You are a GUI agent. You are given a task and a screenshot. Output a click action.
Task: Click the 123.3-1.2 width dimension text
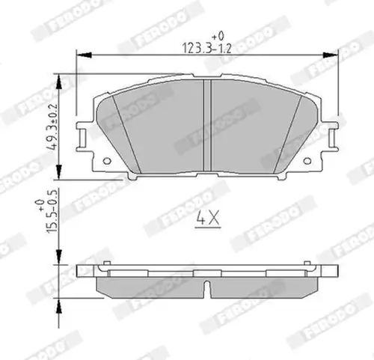coord(207,48)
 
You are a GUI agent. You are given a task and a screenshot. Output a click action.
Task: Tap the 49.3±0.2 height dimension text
coord(52,126)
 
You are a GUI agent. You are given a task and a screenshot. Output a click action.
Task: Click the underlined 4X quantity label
coord(208,219)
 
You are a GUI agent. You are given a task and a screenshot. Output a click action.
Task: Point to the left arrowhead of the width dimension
coord(84,55)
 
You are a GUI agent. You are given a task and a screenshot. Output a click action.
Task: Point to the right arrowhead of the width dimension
coord(331,55)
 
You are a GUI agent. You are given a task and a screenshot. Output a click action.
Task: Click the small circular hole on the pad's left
coord(107,161)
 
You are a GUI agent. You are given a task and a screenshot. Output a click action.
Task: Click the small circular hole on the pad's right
coord(307,161)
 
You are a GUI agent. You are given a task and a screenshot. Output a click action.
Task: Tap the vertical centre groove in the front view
coord(207,125)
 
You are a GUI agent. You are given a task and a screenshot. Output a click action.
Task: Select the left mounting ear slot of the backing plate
coord(83,138)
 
